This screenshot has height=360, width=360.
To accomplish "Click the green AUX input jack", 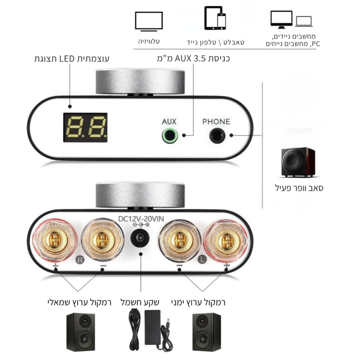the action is pos(170,135).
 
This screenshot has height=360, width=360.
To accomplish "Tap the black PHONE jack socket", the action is pos(217,135).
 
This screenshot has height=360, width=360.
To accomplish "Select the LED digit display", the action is pos(85,127).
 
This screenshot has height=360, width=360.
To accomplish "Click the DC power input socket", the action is pos(140,238).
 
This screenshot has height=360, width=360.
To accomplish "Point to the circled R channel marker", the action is pos(80,260).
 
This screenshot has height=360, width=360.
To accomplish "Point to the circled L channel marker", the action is pos(202,260).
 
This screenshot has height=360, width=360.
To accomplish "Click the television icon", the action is pos(149,21).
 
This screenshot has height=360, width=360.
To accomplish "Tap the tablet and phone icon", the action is pos(215,18).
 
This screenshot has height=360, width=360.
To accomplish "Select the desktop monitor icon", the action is pos(282,19).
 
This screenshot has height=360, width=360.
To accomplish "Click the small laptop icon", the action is pos(304,21).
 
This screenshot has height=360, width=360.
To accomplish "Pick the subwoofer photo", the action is pos(298,162).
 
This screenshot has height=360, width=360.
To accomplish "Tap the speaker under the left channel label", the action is pos(81,332).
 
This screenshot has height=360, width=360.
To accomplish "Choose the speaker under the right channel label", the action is pos(207,332).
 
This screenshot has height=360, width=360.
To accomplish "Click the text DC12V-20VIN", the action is pos(141,219).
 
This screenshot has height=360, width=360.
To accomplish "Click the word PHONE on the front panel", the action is pos(216,121).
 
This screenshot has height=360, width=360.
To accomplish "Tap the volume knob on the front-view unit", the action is pos(140,81).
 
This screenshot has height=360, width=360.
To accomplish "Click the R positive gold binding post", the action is pos(55,240).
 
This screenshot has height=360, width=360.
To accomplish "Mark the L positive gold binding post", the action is pos(226,240).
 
